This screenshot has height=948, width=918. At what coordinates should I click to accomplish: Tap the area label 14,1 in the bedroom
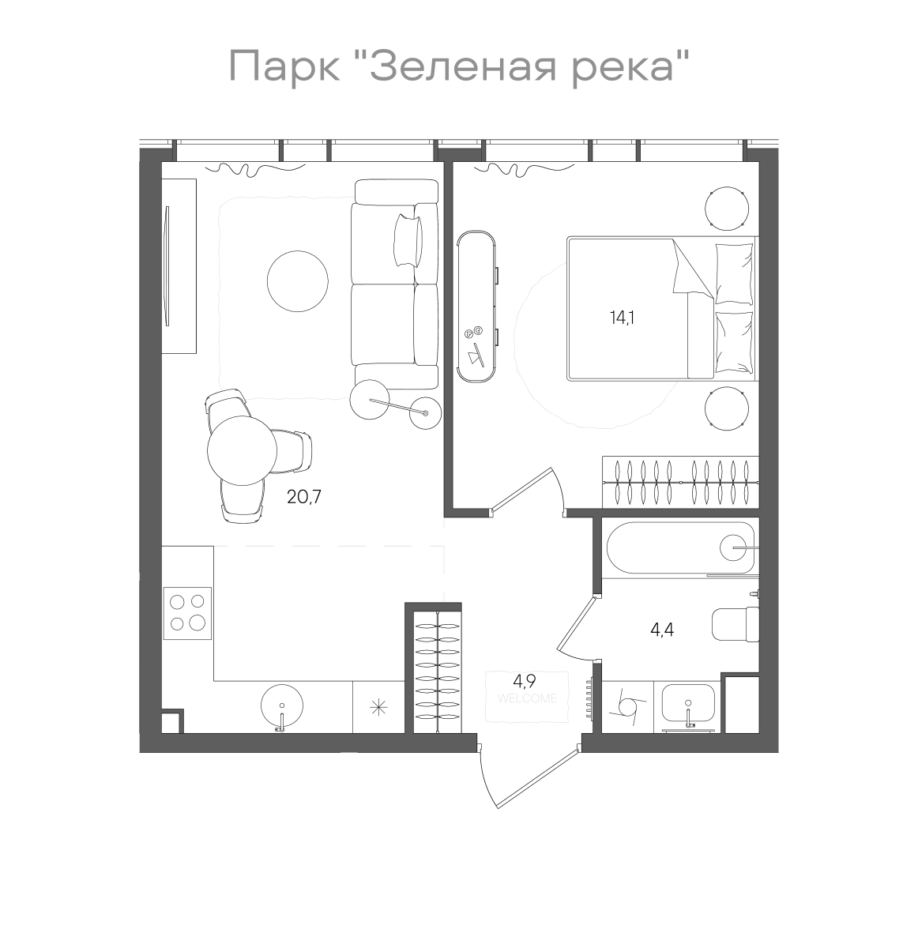coord(622,318)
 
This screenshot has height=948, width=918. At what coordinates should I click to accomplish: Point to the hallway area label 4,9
coord(525,681)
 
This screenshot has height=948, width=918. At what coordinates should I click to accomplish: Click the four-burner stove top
coord(187,612)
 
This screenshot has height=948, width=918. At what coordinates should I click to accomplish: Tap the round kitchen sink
coord(281,705)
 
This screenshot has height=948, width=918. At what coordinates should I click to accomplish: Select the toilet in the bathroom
coord(736,624)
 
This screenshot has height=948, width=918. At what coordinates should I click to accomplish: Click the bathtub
coord(681,547)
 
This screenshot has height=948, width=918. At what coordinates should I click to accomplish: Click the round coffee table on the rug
coord(298,281)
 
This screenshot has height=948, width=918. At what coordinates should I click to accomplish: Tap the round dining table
coord(242,451)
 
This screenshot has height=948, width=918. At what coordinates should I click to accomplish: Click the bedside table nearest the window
coord(726,209)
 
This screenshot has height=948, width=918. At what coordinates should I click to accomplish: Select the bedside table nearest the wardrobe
coord(726,409)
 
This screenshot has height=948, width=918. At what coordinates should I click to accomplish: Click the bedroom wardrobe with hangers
coord(680,481)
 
